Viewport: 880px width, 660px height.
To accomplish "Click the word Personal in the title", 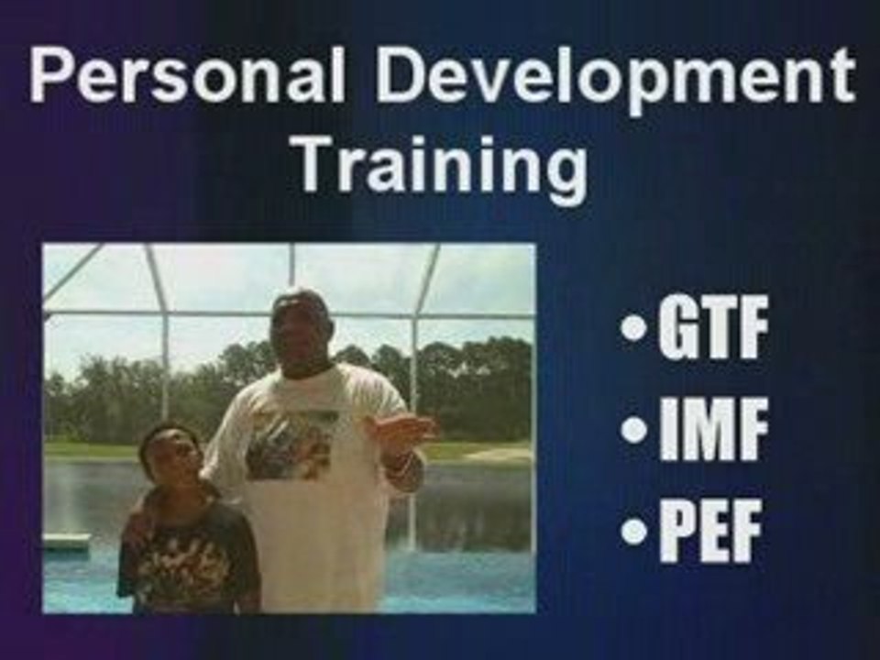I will [x=188, y=76].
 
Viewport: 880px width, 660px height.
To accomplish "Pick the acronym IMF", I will [x=710, y=434].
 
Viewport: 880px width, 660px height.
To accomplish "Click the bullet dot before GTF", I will [x=632, y=329].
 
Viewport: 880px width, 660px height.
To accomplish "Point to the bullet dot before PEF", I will [x=632, y=533].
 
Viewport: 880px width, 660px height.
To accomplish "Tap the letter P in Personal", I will [x=49, y=76].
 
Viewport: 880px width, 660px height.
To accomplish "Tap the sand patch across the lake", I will [x=500, y=454].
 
